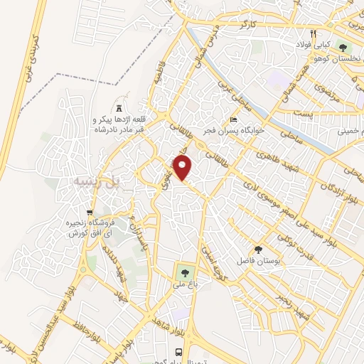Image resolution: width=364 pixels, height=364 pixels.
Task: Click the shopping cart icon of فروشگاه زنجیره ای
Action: [x=89, y=212]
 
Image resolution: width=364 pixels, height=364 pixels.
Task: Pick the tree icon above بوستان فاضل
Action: [x=258, y=250]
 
